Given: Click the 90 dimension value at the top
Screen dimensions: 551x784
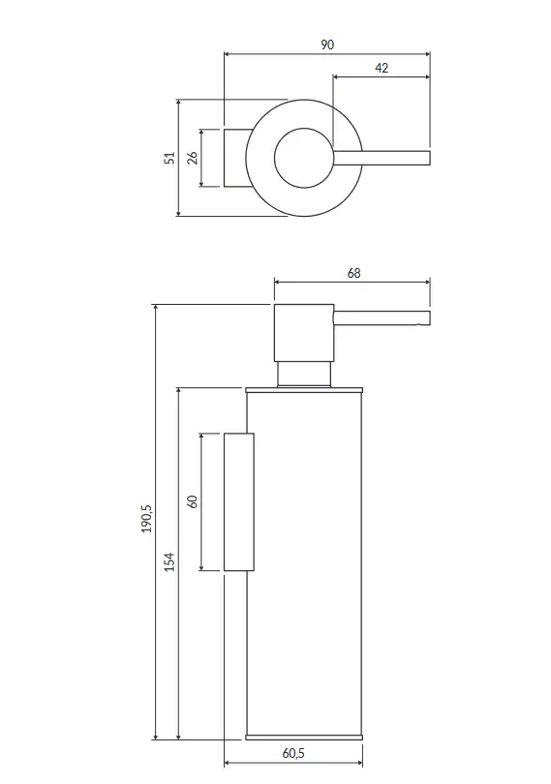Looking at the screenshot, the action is coord(326,45).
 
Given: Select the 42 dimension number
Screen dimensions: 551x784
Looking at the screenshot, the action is coord(382,68).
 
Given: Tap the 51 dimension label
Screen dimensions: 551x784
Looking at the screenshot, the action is coord(170,158).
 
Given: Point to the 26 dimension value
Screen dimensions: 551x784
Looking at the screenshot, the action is coord(193,158).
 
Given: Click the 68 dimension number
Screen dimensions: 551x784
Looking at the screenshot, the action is coord(353,274).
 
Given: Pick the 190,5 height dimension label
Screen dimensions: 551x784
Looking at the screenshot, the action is coord(146,519).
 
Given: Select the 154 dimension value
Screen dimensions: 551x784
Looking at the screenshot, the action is coord(169,562).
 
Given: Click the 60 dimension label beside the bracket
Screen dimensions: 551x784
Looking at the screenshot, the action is coord(193,501).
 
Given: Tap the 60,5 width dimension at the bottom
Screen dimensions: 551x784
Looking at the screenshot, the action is coord(293,753).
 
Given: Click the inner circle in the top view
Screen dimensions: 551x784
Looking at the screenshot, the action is coord(275,158).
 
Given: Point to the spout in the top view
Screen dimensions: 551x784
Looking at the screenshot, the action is coord(382,158).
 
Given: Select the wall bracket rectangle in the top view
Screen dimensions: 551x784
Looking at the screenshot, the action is coord(235,158).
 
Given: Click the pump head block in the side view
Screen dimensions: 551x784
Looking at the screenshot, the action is coord(304,332).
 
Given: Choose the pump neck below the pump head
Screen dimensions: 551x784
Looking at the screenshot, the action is coord(304,374).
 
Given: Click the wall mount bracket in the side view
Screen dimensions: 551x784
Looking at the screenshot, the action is coord(239,501).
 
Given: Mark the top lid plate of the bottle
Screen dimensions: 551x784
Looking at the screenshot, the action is coord(304,390).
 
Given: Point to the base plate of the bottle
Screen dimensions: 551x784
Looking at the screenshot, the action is coord(304,737).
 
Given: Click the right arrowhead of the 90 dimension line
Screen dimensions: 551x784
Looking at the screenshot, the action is coord(427,53).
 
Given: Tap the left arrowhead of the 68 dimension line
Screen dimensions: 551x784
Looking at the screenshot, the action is coord(278,283).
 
